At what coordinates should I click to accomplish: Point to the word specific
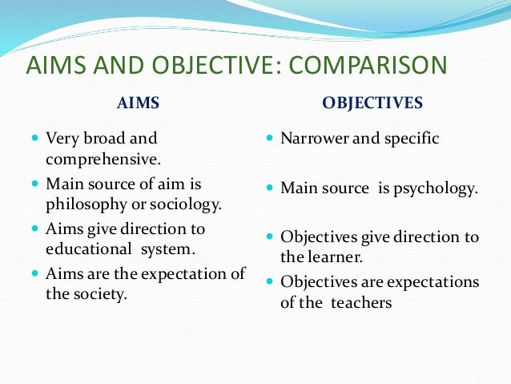pyautogui.click(x=412, y=138)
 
